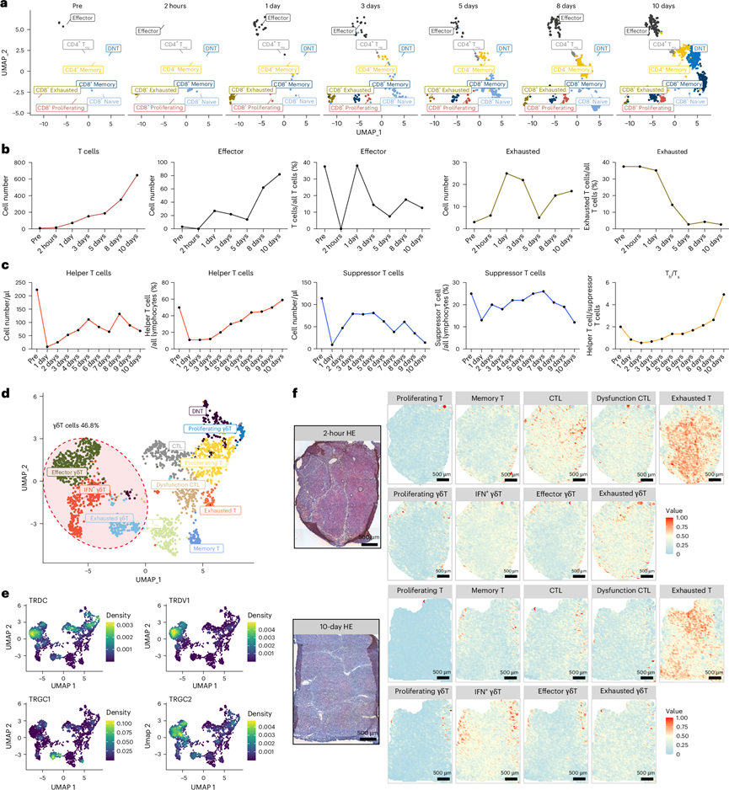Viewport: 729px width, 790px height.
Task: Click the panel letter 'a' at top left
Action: [x=5, y=5]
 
